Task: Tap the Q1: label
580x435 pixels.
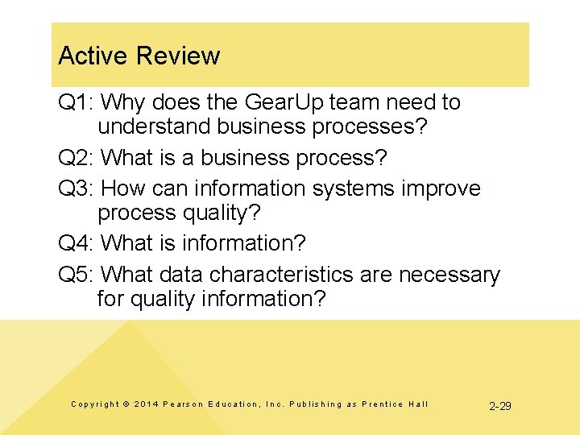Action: [77, 102]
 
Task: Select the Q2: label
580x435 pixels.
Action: [77, 158]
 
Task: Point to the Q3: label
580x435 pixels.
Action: [77, 188]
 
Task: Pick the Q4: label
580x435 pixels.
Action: [77, 243]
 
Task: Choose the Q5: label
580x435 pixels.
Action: [77, 275]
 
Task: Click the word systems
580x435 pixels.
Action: [357, 188]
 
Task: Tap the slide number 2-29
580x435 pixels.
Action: [500, 405]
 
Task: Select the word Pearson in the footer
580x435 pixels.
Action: [184, 404]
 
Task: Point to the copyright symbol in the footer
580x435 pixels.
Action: [126, 404]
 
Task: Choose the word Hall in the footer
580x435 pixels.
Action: [417, 404]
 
